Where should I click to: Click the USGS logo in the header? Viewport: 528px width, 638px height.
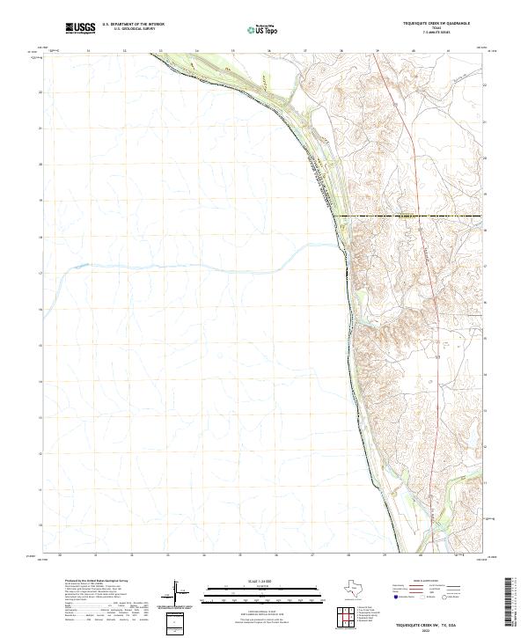(81, 28)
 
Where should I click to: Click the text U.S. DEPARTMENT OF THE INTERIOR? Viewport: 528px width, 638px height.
(133, 25)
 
